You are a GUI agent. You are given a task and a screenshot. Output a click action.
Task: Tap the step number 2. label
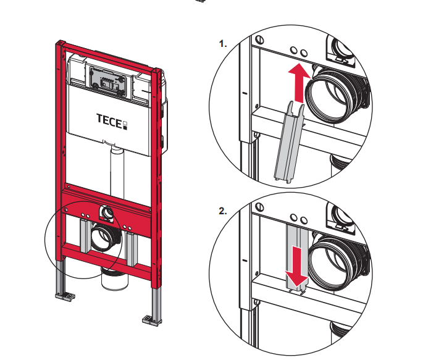click(x=224, y=211)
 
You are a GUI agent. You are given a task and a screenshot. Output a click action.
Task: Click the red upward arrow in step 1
click(x=299, y=83)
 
